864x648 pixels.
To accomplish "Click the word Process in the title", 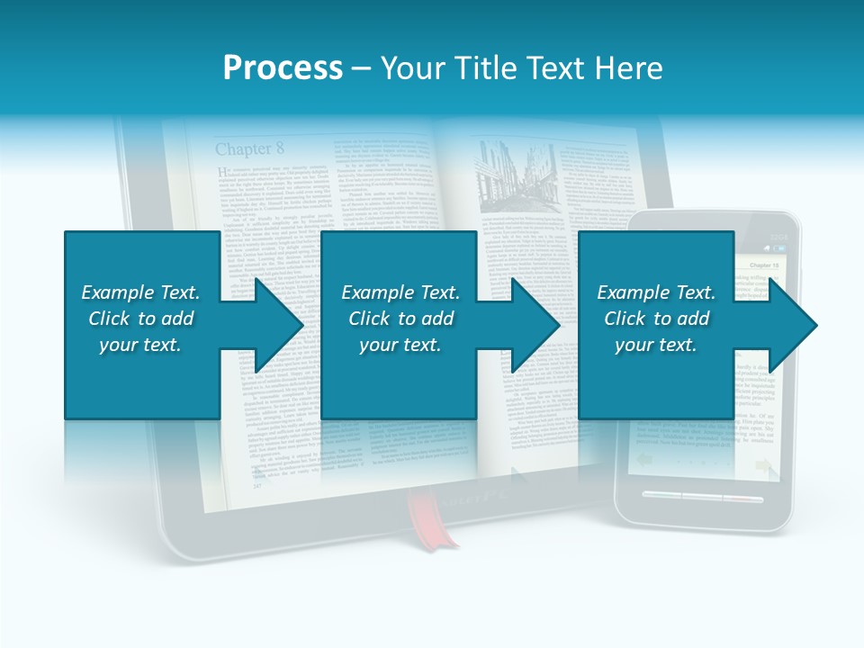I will (x=283, y=68).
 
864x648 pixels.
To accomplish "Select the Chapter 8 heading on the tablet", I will (x=248, y=148).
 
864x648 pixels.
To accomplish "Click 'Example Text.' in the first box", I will (x=140, y=292).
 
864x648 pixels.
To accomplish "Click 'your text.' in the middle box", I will (x=400, y=345).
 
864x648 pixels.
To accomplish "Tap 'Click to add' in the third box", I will (x=657, y=319).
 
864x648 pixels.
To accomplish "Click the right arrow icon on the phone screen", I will (x=764, y=465).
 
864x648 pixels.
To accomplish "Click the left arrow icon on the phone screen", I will (x=644, y=460).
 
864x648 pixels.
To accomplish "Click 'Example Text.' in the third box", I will (x=656, y=292).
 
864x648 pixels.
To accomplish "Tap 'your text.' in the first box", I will (x=140, y=345).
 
